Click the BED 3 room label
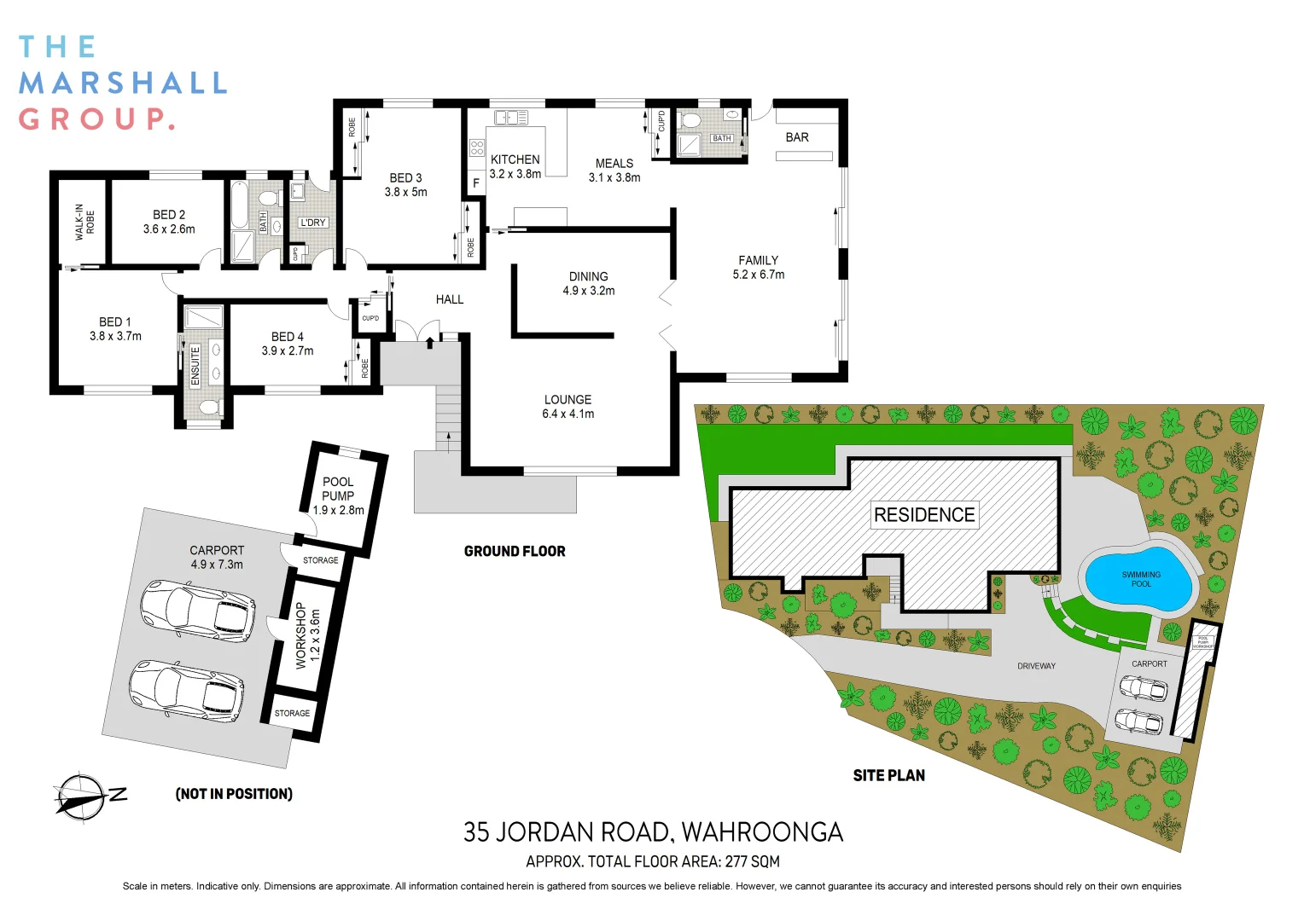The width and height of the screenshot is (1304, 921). click(405, 178)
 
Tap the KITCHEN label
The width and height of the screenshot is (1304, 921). click(515, 159)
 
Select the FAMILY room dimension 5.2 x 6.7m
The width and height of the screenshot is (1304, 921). click(758, 275)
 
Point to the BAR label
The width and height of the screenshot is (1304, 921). click(797, 137)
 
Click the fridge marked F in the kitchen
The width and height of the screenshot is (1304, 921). click(476, 183)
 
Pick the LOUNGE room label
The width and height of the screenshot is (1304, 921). click(568, 400)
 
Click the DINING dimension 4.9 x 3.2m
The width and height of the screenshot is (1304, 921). click(588, 291)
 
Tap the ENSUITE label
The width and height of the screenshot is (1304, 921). click(195, 366)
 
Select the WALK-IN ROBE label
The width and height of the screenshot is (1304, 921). click(84, 222)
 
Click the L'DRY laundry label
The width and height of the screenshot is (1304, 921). click(313, 223)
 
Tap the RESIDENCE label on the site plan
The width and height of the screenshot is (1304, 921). click(924, 515)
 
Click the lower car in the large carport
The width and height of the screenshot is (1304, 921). click(186, 689)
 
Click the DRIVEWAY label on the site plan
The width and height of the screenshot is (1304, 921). click(1036, 666)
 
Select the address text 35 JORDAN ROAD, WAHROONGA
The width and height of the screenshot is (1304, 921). click(653, 832)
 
